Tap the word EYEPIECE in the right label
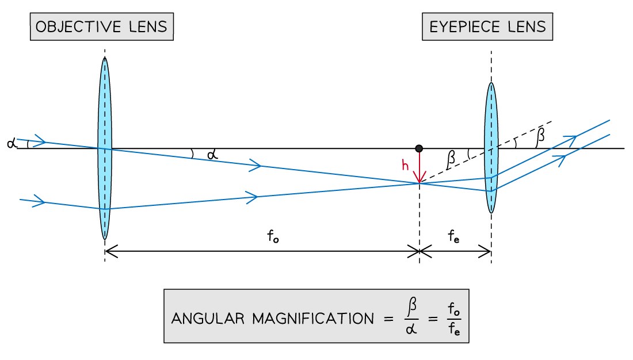(x=463, y=26)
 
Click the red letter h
(x=405, y=166)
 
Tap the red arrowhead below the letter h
(x=420, y=179)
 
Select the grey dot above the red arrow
(x=419, y=148)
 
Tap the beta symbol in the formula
(x=411, y=308)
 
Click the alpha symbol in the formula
(x=411, y=330)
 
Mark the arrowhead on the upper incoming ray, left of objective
(x=40, y=141)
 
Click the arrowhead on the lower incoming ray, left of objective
(x=39, y=201)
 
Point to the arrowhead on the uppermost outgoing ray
(x=571, y=139)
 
